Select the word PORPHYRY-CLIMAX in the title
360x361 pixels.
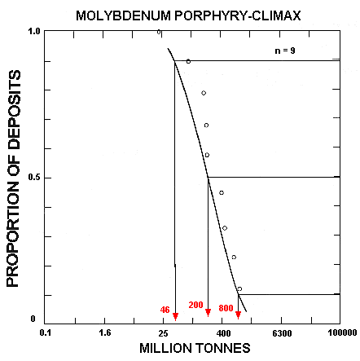click(228, 16)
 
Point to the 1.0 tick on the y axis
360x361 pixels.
click(34, 32)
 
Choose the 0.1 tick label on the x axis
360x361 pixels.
click(46, 332)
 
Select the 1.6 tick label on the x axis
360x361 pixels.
click(104, 332)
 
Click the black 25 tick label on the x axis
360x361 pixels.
click(164, 332)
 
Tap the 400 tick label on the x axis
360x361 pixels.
click(222, 332)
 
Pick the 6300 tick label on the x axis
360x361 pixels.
click(281, 332)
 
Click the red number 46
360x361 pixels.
click(165, 310)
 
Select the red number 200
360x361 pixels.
click(195, 306)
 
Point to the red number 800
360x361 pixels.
click(226, 309)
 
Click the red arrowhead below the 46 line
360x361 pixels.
click(175, 317)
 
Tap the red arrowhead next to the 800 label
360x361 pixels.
click(238, 314)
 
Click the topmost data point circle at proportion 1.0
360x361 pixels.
click(159, 32)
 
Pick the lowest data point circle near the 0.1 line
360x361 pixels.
click(239, 288)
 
